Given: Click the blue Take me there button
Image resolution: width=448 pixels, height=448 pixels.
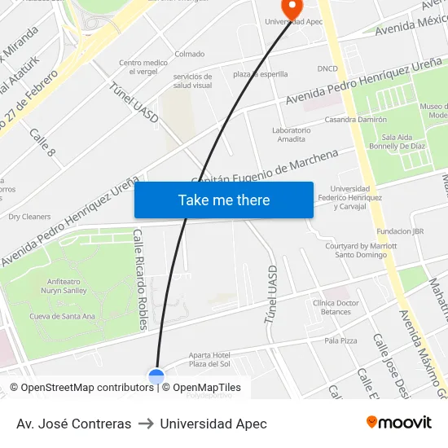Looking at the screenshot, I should [x=224, y=200].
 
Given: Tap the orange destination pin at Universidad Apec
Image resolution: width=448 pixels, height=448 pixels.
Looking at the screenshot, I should [x=291, y=8].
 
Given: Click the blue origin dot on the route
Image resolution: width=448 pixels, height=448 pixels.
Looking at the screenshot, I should [x=156, y=376].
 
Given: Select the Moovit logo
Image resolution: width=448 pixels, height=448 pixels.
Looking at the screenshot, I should [x=399, y=423].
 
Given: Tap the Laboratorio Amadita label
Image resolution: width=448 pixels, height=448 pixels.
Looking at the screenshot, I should [x=291, y=134].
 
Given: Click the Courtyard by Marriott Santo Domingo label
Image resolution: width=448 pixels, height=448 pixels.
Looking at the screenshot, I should [x=356, y=249].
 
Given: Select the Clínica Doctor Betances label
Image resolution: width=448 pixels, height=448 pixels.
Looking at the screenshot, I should [x=336, y=307].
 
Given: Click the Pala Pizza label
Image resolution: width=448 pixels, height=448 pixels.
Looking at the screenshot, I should [x=340, y=340].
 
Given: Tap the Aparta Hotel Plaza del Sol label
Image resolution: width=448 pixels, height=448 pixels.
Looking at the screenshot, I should [x=209, y=359].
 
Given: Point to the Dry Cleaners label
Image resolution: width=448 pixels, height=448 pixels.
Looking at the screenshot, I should [x=29, y=217].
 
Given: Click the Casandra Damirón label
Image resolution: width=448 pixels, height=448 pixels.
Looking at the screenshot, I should [x=355, y=119].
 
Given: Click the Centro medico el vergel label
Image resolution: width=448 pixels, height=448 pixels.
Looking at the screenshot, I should [x=143, y=67].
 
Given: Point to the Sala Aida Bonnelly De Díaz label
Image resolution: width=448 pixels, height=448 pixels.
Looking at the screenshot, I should [x=404, y=142].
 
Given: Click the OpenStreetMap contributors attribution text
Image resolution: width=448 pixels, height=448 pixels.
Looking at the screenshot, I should [x=81, y=388].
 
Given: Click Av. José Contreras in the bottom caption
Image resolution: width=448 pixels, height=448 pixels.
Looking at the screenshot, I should [x=73, y=424].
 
